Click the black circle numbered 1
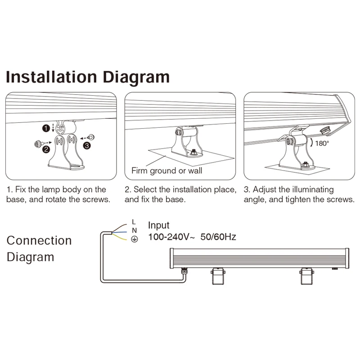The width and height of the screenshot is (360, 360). (46, 128)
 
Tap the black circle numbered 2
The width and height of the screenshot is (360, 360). (46, 151)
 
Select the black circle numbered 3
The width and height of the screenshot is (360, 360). (87, 145)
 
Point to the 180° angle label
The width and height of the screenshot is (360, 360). (322, 143)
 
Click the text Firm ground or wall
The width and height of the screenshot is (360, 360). (166, 171)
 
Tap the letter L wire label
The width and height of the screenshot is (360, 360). (134, 221)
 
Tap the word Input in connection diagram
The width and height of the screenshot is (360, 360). (159, 225)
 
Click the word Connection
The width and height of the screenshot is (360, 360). (39, 240)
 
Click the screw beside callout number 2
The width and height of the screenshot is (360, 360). (36, 144)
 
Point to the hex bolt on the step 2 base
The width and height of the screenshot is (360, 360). (193, 152)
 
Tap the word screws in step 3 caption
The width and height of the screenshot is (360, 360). (342, 199)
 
